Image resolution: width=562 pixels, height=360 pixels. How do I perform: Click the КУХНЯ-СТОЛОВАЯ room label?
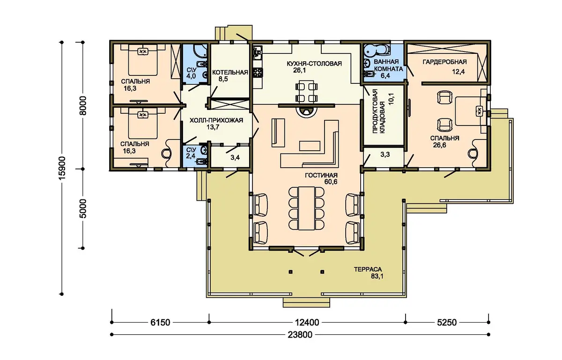(x=314, y=64)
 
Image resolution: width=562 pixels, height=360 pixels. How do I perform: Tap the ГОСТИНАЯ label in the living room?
(x=321, y=176)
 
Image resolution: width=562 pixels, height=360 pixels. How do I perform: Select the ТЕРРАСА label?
(x=368, y=270)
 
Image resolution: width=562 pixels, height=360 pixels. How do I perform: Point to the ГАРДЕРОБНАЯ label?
(x=444, y=62)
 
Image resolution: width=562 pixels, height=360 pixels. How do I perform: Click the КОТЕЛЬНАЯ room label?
(x=230, y=73)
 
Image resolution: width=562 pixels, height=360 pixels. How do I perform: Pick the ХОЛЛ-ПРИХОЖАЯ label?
(x=216, y=120)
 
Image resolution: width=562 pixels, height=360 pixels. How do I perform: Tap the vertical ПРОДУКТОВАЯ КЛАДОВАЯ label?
(x=378, y=111)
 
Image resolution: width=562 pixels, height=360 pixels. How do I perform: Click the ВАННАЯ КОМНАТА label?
(x=388, y=65)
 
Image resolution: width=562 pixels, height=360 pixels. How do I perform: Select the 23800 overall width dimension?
(x=300, y=335)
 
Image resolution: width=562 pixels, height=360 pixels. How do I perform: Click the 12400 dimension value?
(x=307, y=323)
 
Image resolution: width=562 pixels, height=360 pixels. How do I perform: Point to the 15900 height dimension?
(x=62, y=168)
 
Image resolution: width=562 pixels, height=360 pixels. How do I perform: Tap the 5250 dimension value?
(x=447, y=323)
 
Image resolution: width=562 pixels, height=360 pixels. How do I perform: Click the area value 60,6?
(x=331, y=182)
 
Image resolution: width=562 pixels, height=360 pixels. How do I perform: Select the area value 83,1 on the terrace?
(x=377, y=277)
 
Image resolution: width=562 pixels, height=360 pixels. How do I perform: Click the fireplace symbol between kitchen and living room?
(x=305, y=111)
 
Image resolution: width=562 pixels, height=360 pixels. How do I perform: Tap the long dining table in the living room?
(x=306, y=208)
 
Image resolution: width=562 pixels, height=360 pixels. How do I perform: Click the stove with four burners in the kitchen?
(x=258, y=73)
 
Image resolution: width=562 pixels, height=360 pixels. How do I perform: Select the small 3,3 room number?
(x=385, y=154)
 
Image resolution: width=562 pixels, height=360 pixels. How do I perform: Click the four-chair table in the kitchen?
(x=306, y=92)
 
